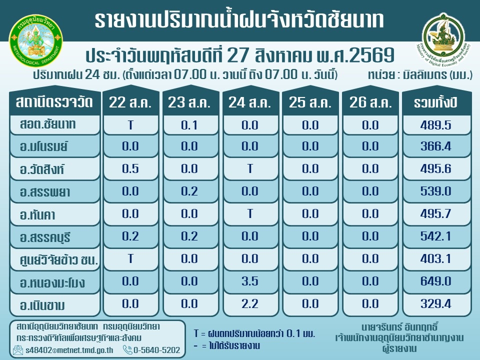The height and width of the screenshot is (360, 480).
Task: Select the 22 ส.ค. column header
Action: coord(130,102)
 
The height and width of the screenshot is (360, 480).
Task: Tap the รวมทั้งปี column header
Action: coord(436,102)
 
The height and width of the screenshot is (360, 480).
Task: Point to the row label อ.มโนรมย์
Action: coord(44,146)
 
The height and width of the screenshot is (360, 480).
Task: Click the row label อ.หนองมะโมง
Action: coord(52,282)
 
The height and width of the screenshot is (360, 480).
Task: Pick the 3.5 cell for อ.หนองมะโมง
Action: coord(250,281)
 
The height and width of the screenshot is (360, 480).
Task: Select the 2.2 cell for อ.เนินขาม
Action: coord(250,303)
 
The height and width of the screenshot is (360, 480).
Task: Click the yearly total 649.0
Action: coord(435,281)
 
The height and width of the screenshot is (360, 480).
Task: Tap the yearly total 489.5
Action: coord(435,125)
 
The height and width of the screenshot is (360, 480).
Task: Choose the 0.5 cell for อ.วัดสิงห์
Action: coord(130,168)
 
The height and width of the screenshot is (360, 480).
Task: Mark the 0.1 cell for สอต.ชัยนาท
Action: coord(189,125)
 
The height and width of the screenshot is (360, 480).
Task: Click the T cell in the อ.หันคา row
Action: coord(250,213)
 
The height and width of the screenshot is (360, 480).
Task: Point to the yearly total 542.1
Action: coord(435,236)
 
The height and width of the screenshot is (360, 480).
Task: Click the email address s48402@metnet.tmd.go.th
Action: coord(69,350)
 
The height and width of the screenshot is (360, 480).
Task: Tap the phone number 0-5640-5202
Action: coord(156,350)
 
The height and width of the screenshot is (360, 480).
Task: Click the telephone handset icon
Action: coord(127,349)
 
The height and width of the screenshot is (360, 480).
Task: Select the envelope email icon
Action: coord(18,349)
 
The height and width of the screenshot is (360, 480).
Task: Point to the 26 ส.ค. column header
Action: coord(370,102)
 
